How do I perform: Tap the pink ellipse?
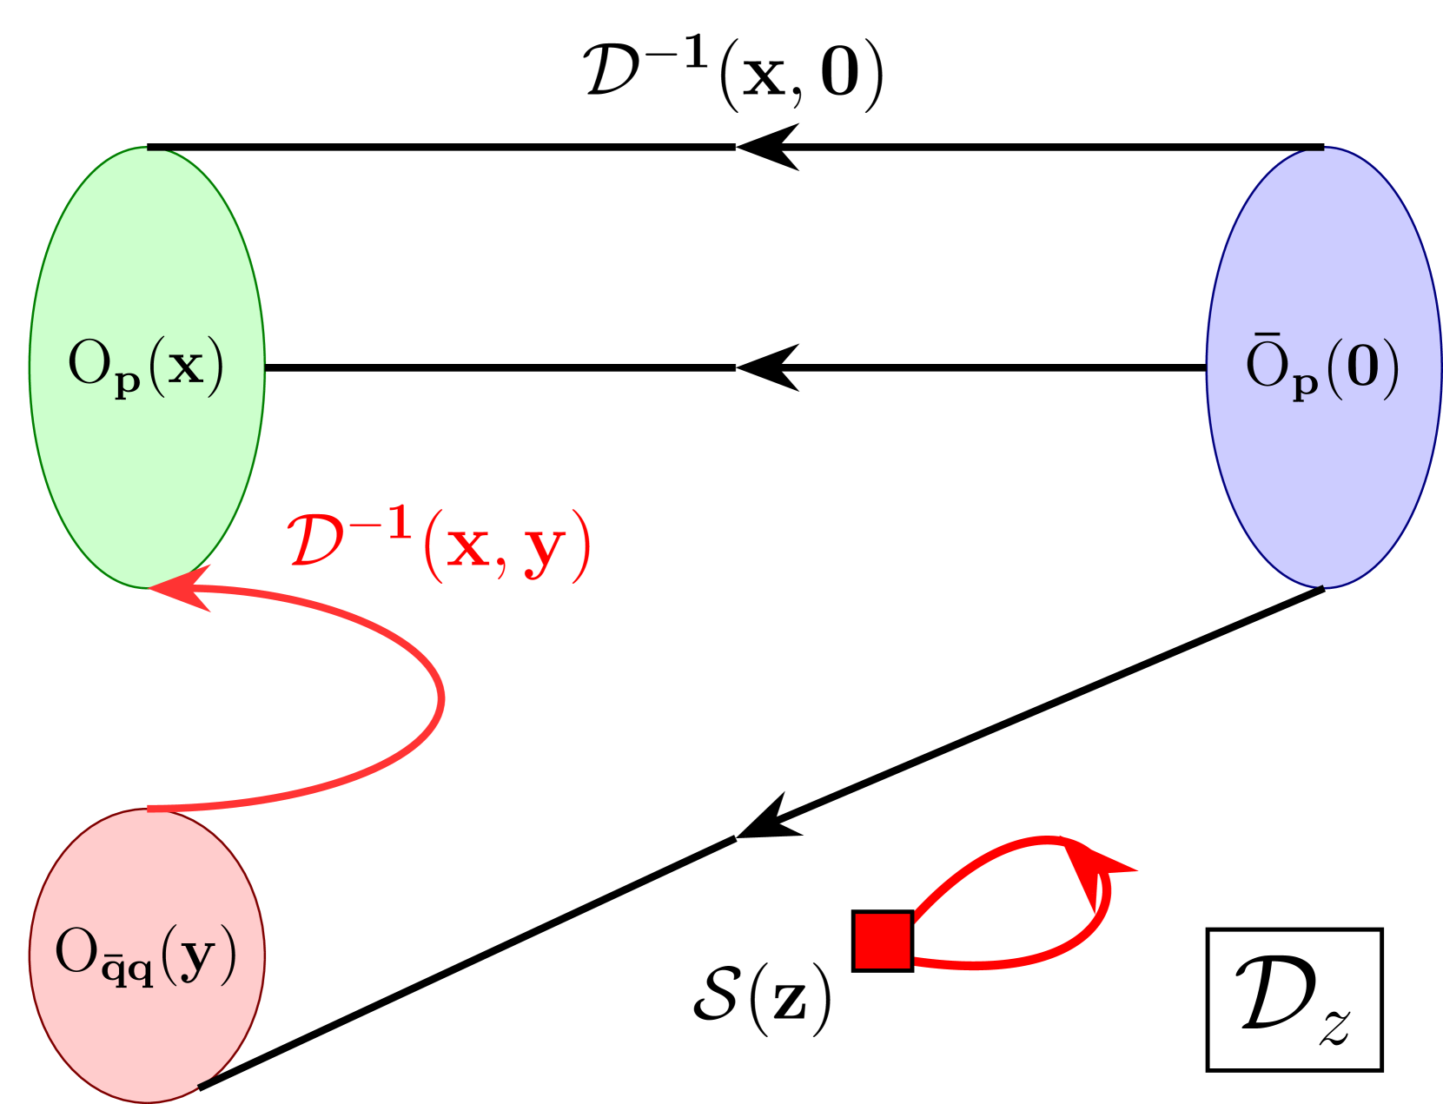pyautogui.click(x=147, y=1025)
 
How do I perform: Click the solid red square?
pyautogui.click(x=883, y=941)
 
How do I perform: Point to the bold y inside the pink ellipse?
pyautogui.click(x=199, y=955)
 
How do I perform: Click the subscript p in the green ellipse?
pyautogui.click(x=127, y=383)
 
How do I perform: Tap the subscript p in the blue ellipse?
pyautogui.click(x=1305, y=383)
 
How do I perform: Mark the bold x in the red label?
pyautogui.click(x=469, y=548)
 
